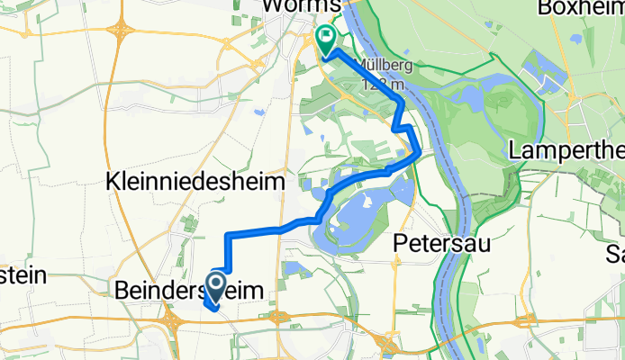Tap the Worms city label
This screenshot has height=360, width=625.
pyautogui.click(x=302, y=6)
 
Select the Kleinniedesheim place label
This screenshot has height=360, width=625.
pyautogui.click(x=195, y=182)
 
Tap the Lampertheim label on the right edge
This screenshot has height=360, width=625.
pyautogui.click(x=567, y=150)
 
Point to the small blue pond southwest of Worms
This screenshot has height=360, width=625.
pyautogui.click(x=258, y=112)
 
